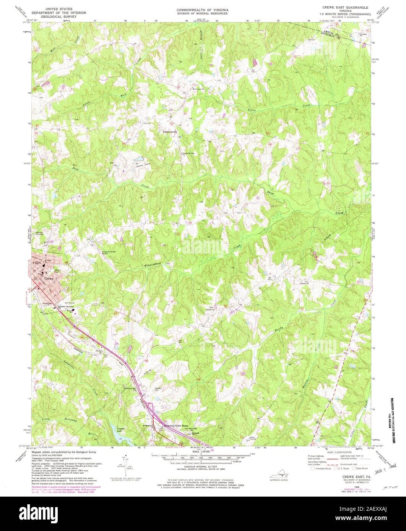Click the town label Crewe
tap(49, 278)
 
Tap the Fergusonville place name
tap(170, 132)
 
